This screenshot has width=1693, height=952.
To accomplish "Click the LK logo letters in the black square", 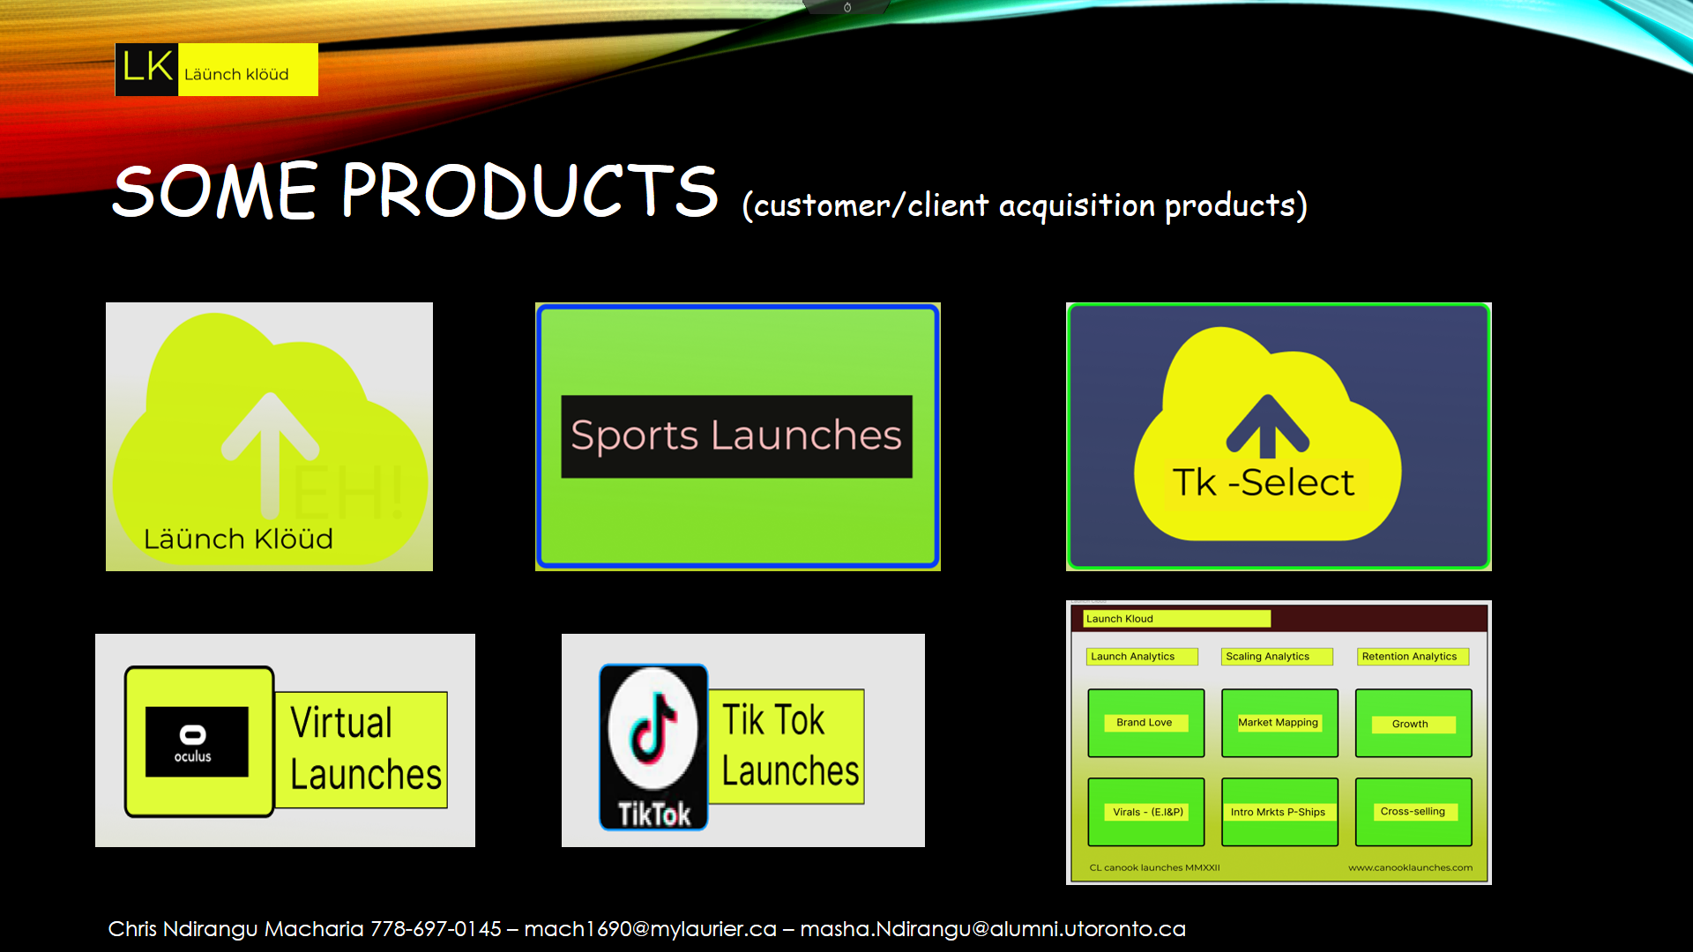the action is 147,67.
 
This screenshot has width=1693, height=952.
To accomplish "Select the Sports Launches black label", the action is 736,436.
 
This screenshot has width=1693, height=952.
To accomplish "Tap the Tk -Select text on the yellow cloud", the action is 1263,483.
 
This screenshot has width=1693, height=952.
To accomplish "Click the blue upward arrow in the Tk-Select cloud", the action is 1267,427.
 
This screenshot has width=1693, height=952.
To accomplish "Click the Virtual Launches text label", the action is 365,749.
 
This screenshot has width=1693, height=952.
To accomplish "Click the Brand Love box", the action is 1145,723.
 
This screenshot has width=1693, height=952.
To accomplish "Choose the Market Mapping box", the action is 1279,723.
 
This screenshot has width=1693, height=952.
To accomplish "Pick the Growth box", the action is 1413,723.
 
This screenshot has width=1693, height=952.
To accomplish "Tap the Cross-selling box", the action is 1413,812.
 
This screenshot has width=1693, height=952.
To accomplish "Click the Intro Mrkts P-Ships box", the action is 1279,812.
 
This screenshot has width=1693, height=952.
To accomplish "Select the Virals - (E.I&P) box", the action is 1145,812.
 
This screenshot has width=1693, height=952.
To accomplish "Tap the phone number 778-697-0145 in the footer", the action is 436,929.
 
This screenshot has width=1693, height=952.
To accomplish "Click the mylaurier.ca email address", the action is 651,929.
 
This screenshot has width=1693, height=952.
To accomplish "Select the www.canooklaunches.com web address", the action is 1410,868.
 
